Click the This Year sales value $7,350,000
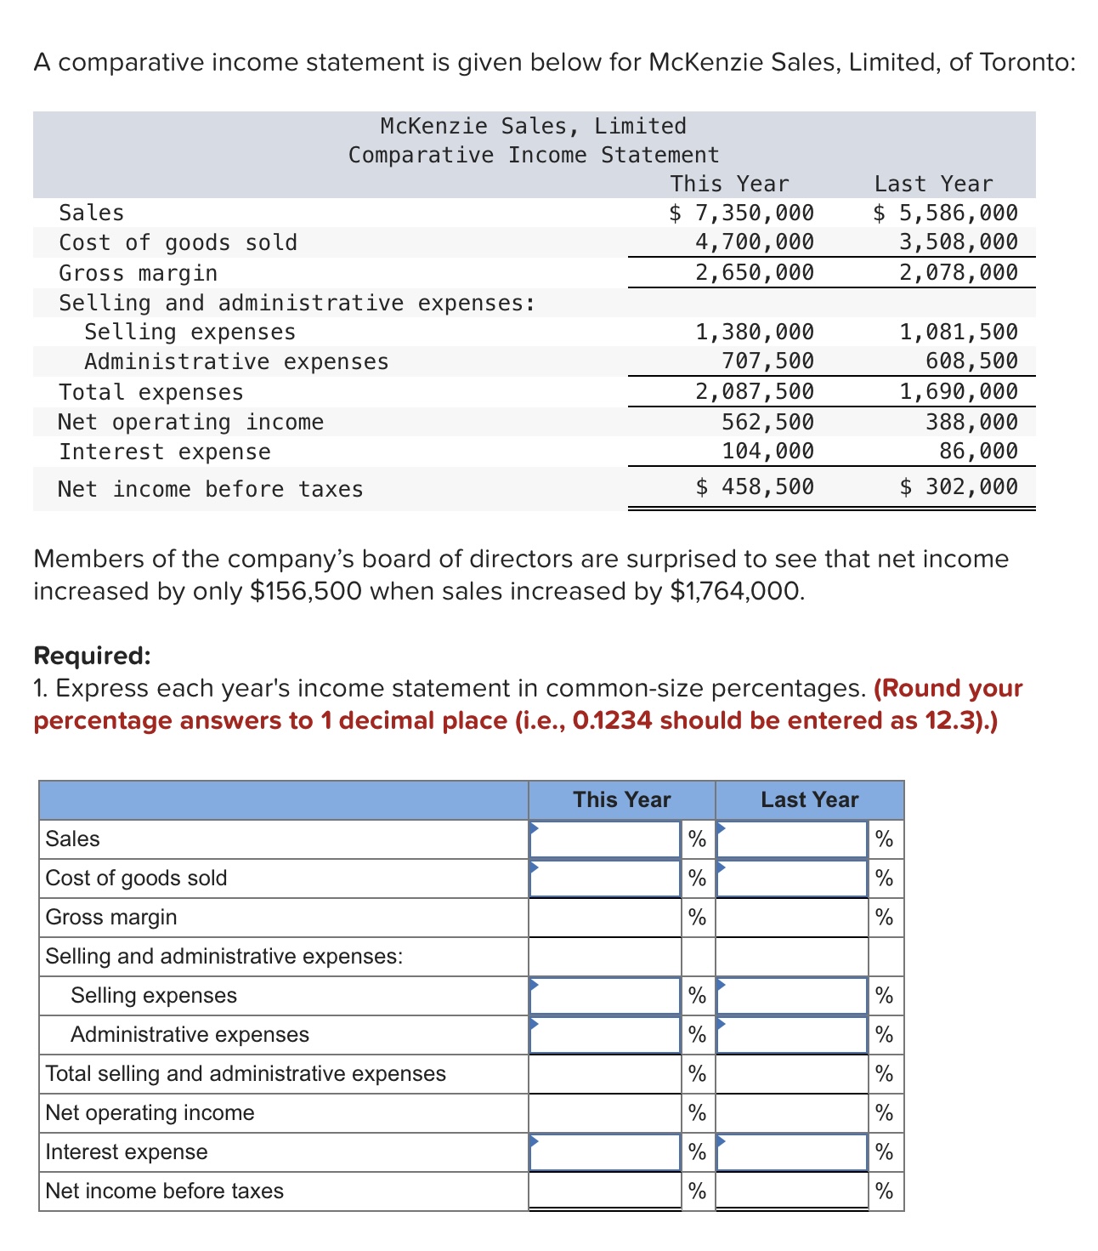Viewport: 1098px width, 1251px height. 742,213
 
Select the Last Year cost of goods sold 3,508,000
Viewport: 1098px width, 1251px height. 958,242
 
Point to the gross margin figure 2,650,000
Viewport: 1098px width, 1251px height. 754,272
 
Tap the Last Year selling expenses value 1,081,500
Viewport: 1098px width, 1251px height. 958,332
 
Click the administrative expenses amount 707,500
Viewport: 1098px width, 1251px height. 767,361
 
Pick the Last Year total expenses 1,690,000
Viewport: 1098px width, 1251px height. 958,391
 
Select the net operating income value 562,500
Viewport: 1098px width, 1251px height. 767,422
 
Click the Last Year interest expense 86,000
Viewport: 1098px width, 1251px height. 977,451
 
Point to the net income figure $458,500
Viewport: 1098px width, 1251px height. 754,486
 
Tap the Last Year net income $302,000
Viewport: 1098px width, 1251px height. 958,486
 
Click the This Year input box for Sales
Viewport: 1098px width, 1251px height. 604,839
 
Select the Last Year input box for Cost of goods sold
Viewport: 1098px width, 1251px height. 791,879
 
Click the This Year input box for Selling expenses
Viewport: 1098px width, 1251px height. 604,996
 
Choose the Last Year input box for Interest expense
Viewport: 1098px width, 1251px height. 791,1152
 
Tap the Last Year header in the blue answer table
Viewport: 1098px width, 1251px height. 809,799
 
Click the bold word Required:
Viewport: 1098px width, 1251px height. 92,656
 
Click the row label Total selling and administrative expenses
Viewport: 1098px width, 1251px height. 245,1073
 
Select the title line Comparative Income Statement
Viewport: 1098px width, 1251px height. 533,155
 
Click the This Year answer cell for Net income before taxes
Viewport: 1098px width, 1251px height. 604,1191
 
